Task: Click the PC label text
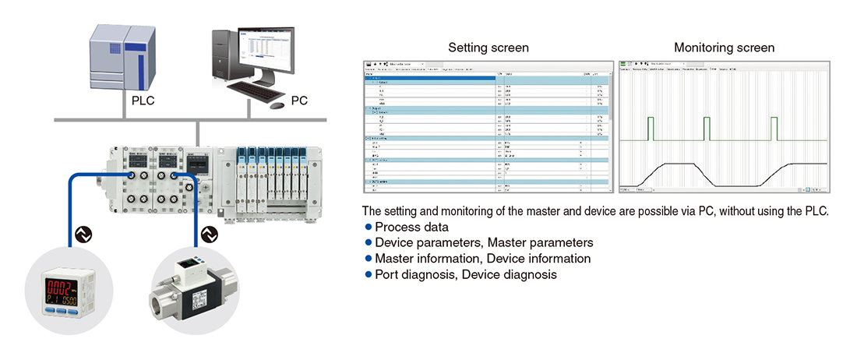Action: pos(299,101)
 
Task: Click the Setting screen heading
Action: pos(488,48)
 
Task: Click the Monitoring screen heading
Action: pos(724,48)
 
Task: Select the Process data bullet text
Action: pos(411,227)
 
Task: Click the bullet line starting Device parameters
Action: pos(484,242)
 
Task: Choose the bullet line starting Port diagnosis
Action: pos(465,274)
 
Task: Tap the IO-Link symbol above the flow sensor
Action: pos(207,234)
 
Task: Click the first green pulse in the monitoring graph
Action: pos(653,129)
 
